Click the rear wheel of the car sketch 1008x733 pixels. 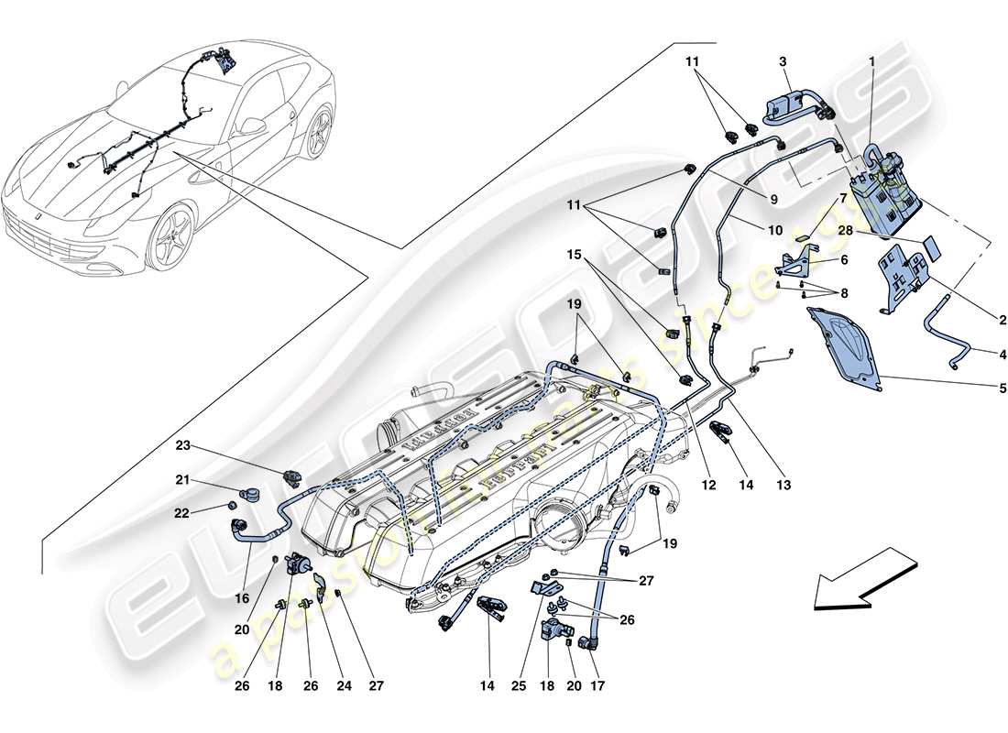[x=318, y=131]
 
